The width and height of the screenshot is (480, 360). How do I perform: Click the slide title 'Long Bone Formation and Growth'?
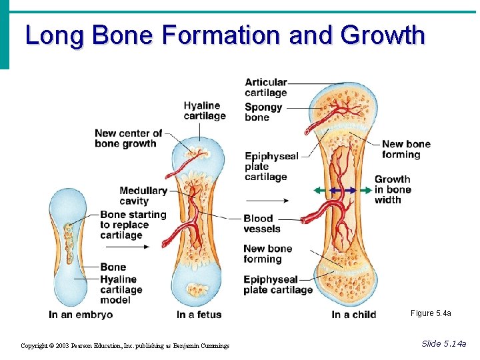click(x=225, y=35)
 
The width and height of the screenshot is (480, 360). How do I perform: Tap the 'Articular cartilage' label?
click(x=266, y=87)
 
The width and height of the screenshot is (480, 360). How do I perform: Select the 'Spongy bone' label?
click(x=263, y=112)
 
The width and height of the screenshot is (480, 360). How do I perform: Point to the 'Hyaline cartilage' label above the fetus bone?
click(x=205, y=111)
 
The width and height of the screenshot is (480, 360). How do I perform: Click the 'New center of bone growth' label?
click(x=128, y=138)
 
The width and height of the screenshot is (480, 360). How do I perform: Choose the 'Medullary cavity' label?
click(x=143, y=195)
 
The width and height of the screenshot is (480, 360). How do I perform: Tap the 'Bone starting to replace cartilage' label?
click(x=133, y=225)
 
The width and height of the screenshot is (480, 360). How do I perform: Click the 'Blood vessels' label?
click(x=262, y=223)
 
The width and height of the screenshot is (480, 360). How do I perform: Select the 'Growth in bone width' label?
click(x=393, y=189)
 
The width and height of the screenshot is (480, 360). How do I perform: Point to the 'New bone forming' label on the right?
click(x=406, y=149)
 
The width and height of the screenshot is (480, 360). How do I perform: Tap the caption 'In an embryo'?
click(x=81, y=315)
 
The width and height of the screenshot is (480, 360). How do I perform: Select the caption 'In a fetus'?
click(x=199, y=315)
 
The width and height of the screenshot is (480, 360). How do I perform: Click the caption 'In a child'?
click(x=353, y=315)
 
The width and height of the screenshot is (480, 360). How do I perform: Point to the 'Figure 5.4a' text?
click(x=431, y=313)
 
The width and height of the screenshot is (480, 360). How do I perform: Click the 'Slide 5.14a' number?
click(x=444, y=343)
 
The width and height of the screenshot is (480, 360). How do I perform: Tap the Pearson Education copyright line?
click(x=125, y=345)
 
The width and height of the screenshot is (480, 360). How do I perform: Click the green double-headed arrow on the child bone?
click(x=343, y=190)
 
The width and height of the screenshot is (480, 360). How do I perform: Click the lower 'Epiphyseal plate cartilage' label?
click(x=278, y=285)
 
